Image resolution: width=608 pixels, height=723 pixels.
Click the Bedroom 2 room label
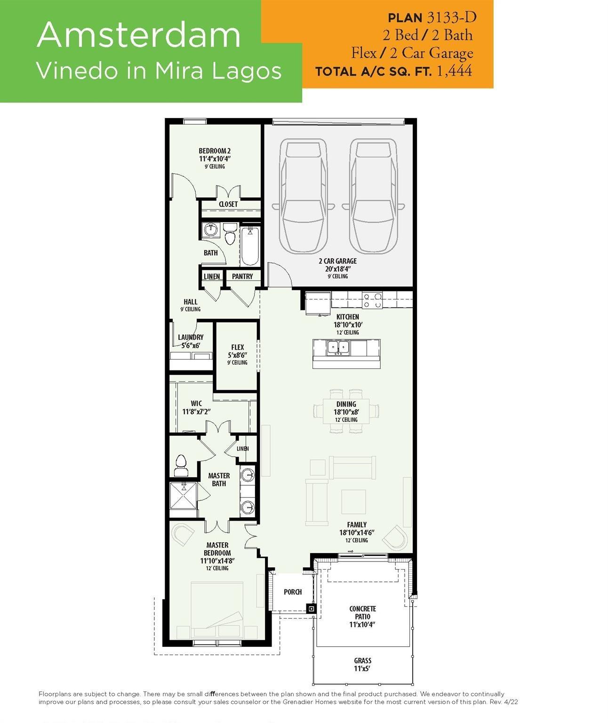pyautogui.click(x=215, y=151)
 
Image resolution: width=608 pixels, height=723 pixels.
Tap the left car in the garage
pyautogui.click(x=304, y=196)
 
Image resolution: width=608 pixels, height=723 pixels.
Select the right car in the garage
pyautogui.click(x=373, y=196)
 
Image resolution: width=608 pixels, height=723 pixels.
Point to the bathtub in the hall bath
pyautogui.click(x=250, y=246)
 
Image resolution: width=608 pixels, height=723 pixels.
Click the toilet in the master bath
pyautogui.click(x=181, y=466)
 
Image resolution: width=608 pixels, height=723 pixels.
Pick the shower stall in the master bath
pyautogui.click(x=183, y=496)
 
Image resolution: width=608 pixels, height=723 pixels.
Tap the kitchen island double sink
pyautogui.click(x=337, y=348)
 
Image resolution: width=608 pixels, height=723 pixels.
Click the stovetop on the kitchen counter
pyautogui.click(x=372, y=300)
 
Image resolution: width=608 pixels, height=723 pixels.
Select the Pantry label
pyautogui.click(x=242, y=276)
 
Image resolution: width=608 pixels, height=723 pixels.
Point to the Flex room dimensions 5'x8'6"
pyautogui.click(x=238, y=355)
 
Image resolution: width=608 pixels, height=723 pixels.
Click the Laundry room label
pyautogui.click(x=191, y=337)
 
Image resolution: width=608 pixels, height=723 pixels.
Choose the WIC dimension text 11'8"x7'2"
pyautogui.click(x=197, y=412)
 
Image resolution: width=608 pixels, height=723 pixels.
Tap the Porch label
pyautogui.click(x=293, y=592)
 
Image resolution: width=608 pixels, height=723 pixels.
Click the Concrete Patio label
pyautogui.click(x=362, y=612)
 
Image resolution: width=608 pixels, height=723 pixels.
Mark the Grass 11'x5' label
pyautogui.click(x=362, y=665)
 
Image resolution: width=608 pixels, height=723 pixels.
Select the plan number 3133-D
pyautogui.click(x=452, y=17)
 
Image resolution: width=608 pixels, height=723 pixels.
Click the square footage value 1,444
pyautogui.click(x=455, y=71)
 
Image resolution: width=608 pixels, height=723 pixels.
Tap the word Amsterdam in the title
pyautogui.click(x=138, y=35)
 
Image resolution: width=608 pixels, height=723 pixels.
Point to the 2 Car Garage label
pyautogui.click(x=338, y=261)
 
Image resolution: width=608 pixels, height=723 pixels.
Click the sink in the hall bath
pyautogui.click(x=210, y=229)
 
